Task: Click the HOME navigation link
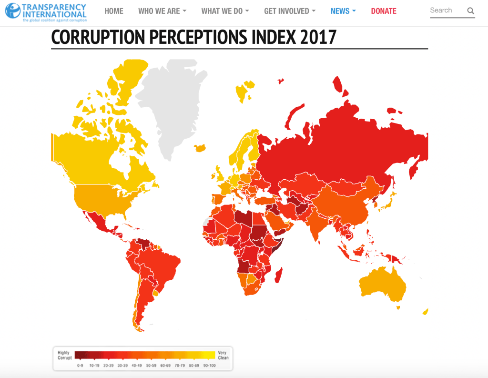(113, 11)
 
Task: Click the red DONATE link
(384, 11)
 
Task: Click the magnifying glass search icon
(470, 11)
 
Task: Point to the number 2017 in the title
(318, 37)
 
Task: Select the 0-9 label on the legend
(80, 365)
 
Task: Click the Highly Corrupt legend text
(65, 355)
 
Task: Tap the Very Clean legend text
(223, 355)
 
